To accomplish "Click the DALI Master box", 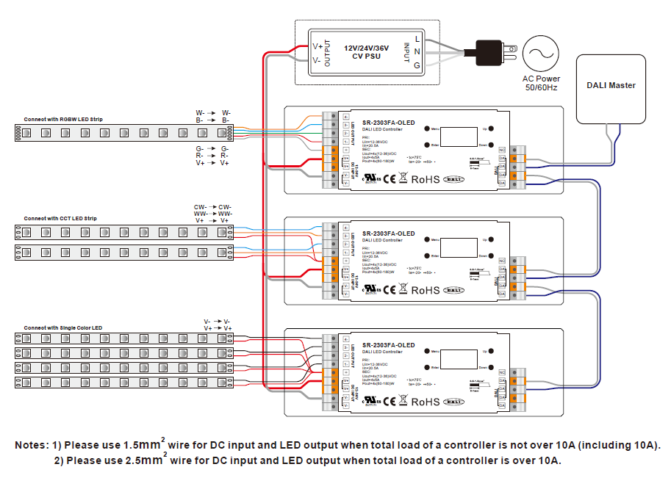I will [x=611, y=87].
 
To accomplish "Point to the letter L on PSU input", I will [x=417, y=38].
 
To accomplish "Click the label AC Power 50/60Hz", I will [x=541, y=83].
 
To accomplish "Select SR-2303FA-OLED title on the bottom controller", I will [x=388, y=345].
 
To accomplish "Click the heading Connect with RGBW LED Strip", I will [x=62, y=119].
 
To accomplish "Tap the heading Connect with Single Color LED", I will [x=62, y=327].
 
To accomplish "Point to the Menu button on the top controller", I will [x=426, y=127].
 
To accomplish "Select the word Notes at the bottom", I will [x=32, y=446].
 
